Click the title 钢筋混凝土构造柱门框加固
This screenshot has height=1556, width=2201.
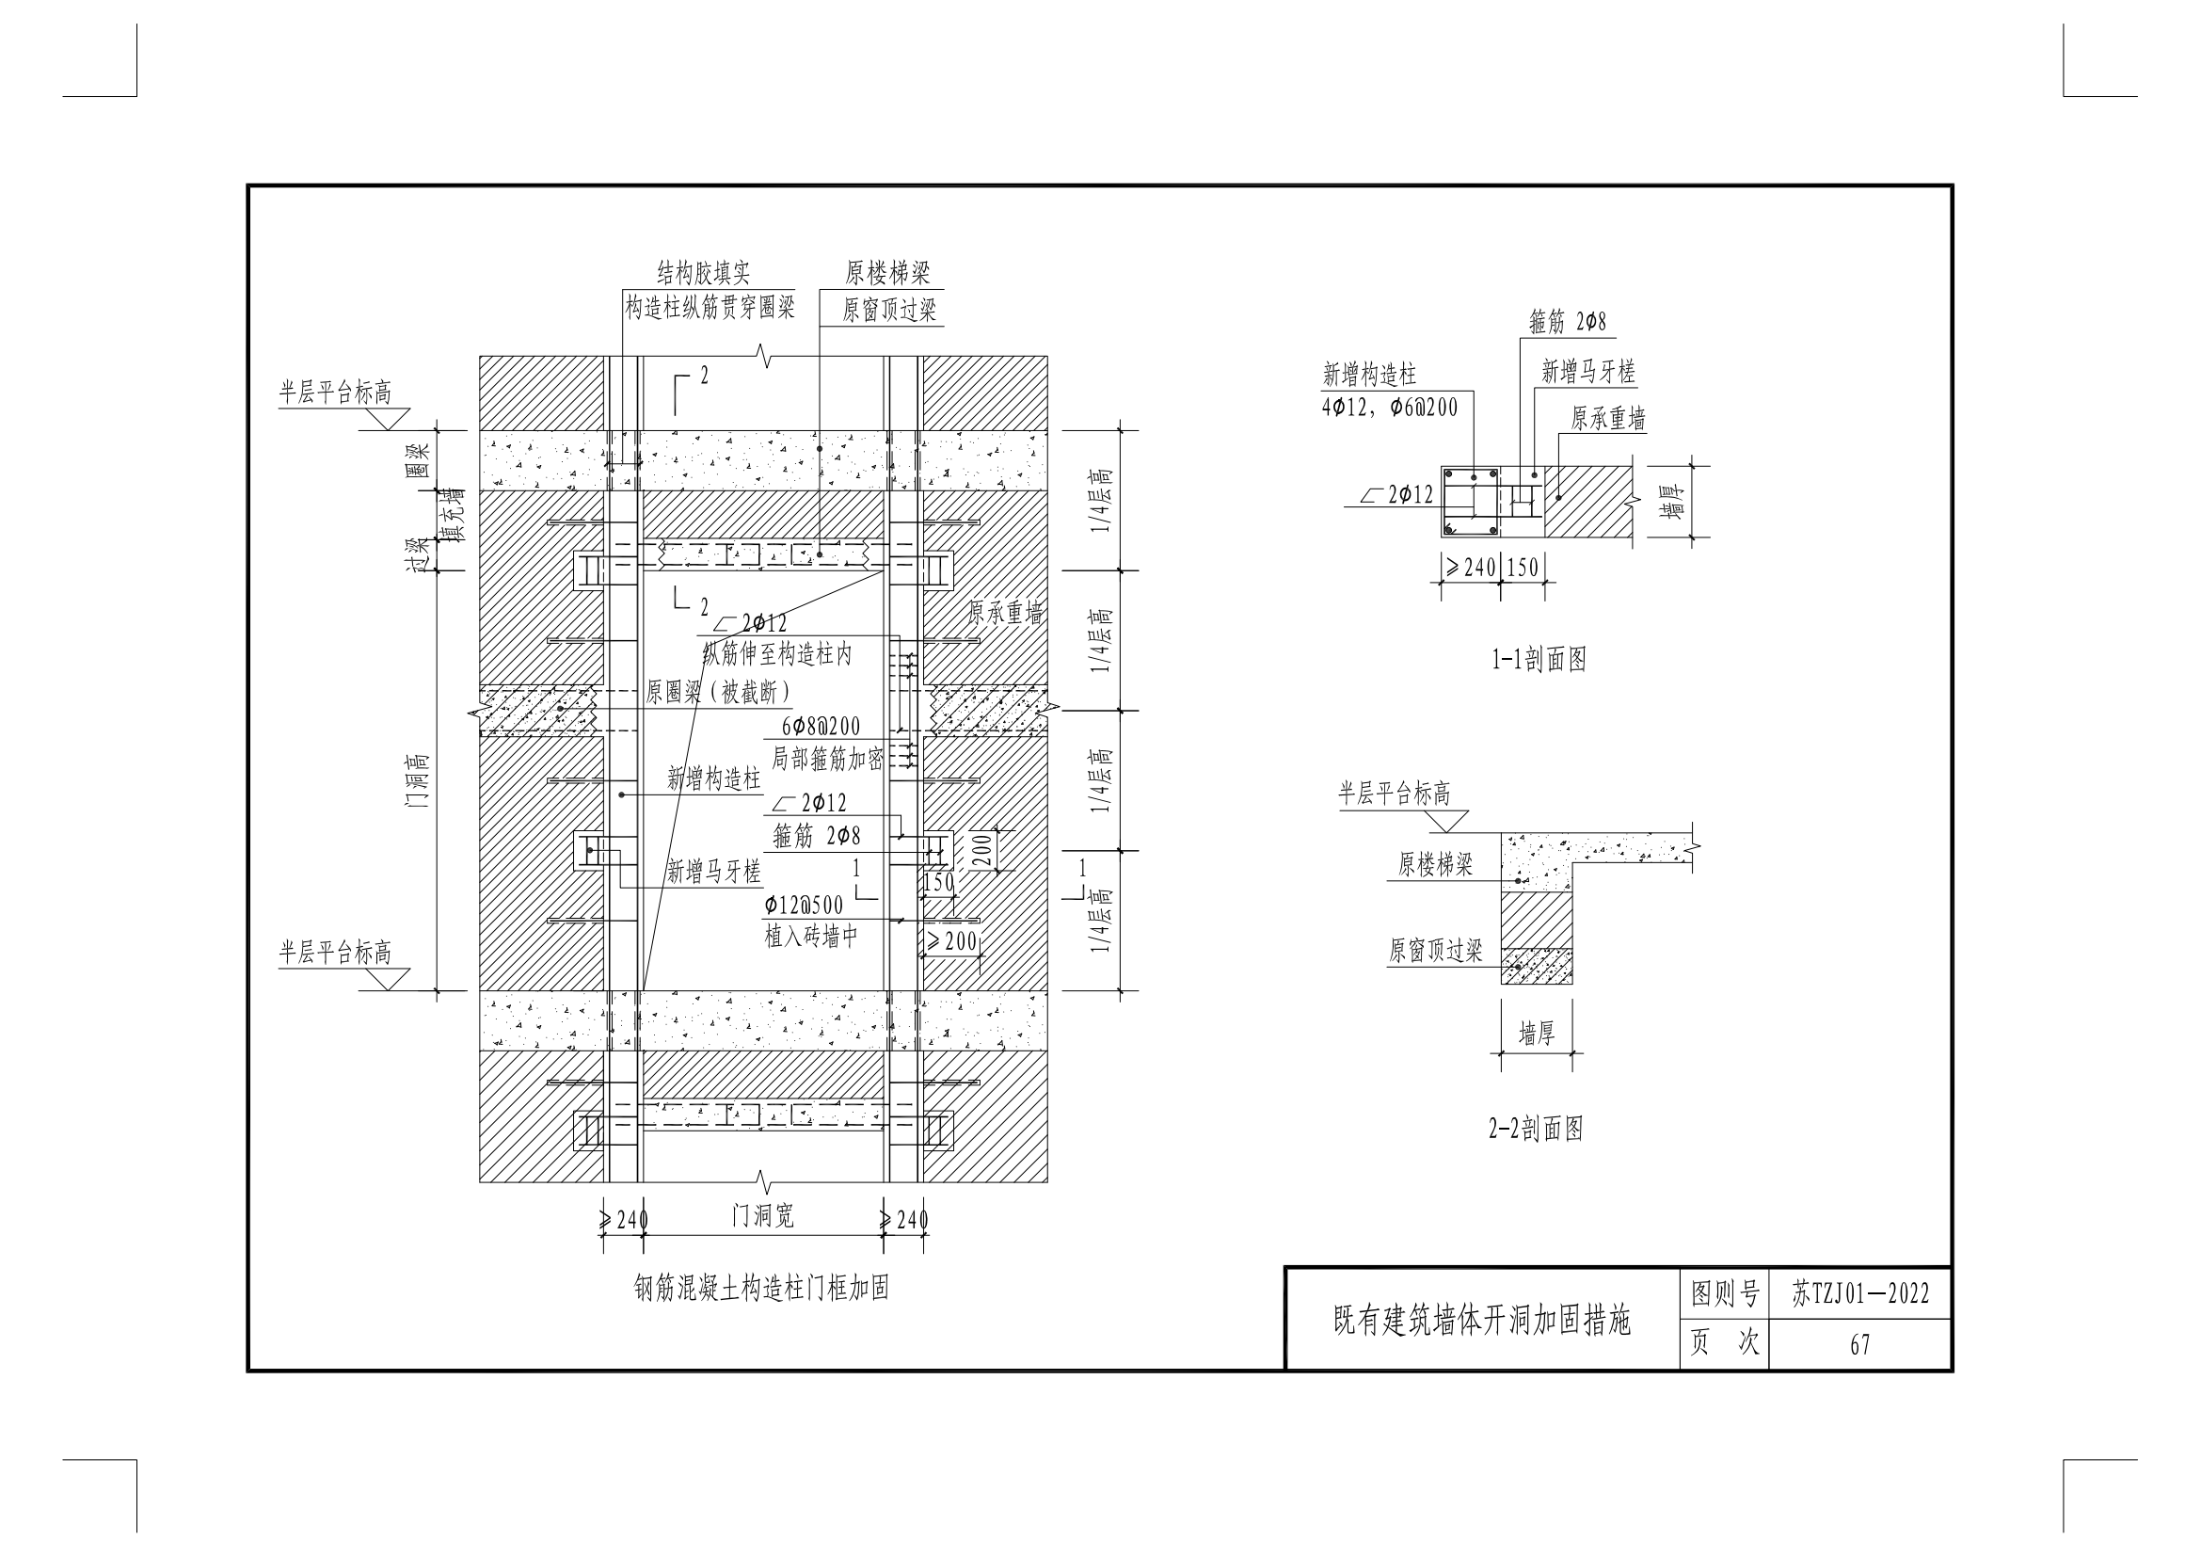coord(761,1288)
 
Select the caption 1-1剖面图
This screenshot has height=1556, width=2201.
coord(1539,659)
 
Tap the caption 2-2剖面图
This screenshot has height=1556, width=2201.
coord(1535,1129)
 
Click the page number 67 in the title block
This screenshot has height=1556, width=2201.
coord(1859,1345)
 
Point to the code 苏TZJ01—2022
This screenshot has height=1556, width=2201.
coord(1859,1294)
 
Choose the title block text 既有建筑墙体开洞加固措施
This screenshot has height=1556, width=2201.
coord(1482,1321)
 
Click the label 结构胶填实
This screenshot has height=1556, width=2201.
coord(703,273)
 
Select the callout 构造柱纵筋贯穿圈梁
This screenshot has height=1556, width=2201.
coord(710,308)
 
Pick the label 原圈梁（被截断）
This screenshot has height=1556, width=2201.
coord(718,692)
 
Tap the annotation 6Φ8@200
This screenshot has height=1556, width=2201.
coord(821,727)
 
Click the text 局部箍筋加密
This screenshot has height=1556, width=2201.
coord(827,760)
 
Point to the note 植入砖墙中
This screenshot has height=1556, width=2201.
coord(811,936)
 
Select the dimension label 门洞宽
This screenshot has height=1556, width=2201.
coord(763,1215)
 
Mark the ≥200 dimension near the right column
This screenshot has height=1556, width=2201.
coord(951,941)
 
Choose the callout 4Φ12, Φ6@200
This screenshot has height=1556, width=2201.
coord(1390,408)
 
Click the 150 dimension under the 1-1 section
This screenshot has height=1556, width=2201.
coord(1523,568)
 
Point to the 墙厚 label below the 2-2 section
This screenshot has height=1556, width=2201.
coord(1536,1034)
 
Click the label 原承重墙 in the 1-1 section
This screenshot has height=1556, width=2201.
coord(1607,418)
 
